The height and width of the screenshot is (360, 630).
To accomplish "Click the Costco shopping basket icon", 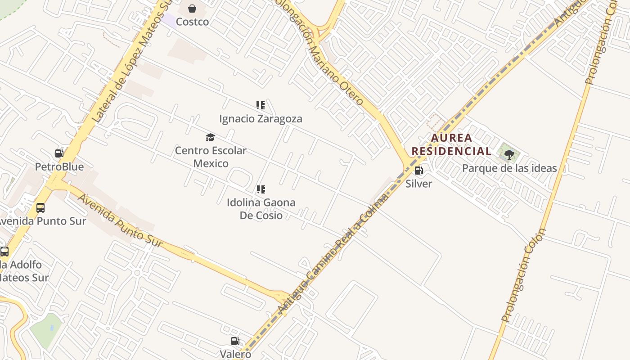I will [x=192, y=9].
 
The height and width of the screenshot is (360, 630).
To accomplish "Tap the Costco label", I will [x=192, y=22].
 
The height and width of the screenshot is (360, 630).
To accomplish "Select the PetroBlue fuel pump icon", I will [x=59, y=153].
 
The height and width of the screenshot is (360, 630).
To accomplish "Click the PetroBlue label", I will [x=59, y=167].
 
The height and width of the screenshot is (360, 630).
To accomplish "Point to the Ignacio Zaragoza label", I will [x=261, y=119].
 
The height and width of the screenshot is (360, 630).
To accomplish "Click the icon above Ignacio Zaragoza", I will [x=261, y=105].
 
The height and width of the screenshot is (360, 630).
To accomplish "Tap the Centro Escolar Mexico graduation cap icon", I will [x=210, y=137].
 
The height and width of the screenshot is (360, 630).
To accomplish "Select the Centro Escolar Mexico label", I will [x=211, y=157].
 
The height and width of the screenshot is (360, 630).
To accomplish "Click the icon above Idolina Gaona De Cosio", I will [x=261, y=189].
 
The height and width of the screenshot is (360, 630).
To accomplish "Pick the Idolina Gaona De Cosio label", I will [x=261, y=209].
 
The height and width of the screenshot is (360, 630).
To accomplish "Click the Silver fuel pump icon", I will [x=418, y=171].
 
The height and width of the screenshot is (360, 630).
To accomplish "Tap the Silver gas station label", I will [x=418, y=184].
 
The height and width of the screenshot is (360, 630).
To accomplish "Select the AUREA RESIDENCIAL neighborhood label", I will [x=451, y=144].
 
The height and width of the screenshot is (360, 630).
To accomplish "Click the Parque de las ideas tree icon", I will [x=509, y=155].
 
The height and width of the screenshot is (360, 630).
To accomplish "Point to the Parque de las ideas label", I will [x=509, y=168].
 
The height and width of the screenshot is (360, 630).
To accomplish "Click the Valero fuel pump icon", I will [x=235, y=341].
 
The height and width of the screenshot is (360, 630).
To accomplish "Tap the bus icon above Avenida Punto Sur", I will [x=40, y=207].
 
